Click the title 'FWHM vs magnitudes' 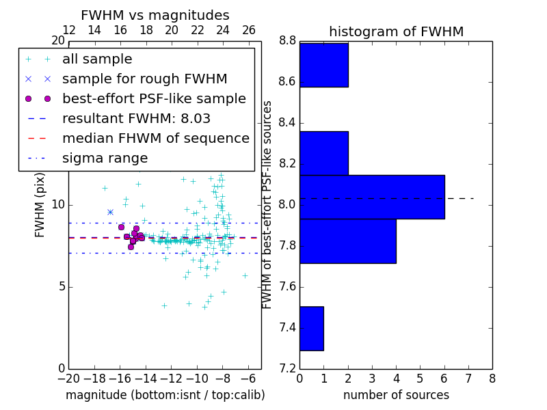[x=155, y=15]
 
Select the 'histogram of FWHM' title [x=396, y=31]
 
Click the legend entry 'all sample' [x=97, y=59]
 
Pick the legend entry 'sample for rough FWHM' [x=144, y=79]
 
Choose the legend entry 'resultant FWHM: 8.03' [x=136, y=118]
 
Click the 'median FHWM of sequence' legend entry [x=155, y=138]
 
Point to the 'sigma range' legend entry [x=105, y=158]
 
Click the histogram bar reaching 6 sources [x=372, y=197]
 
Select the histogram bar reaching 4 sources [x=347, y=241]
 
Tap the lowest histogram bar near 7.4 [x=311, y=328]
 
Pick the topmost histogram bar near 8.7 [x=323, y=65]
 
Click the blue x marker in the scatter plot [x=110, y=212]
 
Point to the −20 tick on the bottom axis [x=68, y=379]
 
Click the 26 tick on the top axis [x=249, y=30]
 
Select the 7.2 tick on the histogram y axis [x=286, y=368]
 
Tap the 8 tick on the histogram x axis [x=492, y=379]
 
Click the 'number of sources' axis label [x=396, y=395]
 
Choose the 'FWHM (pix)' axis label [x=40, y=205]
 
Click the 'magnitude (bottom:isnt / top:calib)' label [x=165, y=395]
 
